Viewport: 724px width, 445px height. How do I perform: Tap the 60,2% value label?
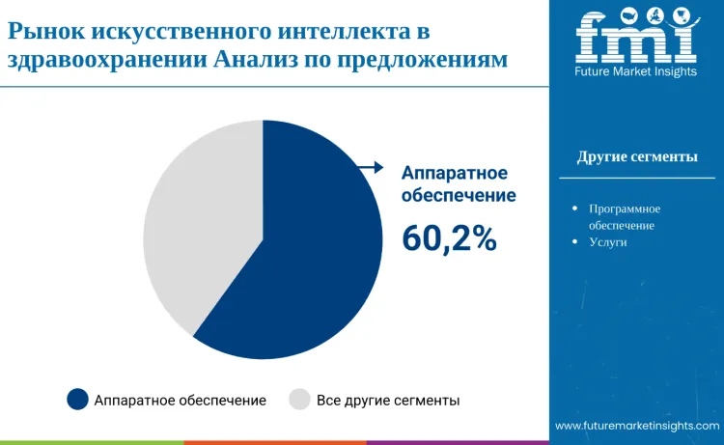point(450,238)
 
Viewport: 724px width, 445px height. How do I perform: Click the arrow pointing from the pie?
point(369,167)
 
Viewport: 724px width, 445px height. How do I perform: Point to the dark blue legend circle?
point(77,400)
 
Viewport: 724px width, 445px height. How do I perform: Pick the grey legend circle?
point(299,400)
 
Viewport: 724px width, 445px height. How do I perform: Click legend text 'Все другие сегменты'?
point(388,400)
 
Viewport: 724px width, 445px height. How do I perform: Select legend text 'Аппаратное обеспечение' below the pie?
point(180,400)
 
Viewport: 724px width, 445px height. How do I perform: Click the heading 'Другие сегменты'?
point(637,157)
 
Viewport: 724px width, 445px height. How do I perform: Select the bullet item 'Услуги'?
point(608,242)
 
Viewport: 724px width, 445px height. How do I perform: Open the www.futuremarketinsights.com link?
point(637,426)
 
